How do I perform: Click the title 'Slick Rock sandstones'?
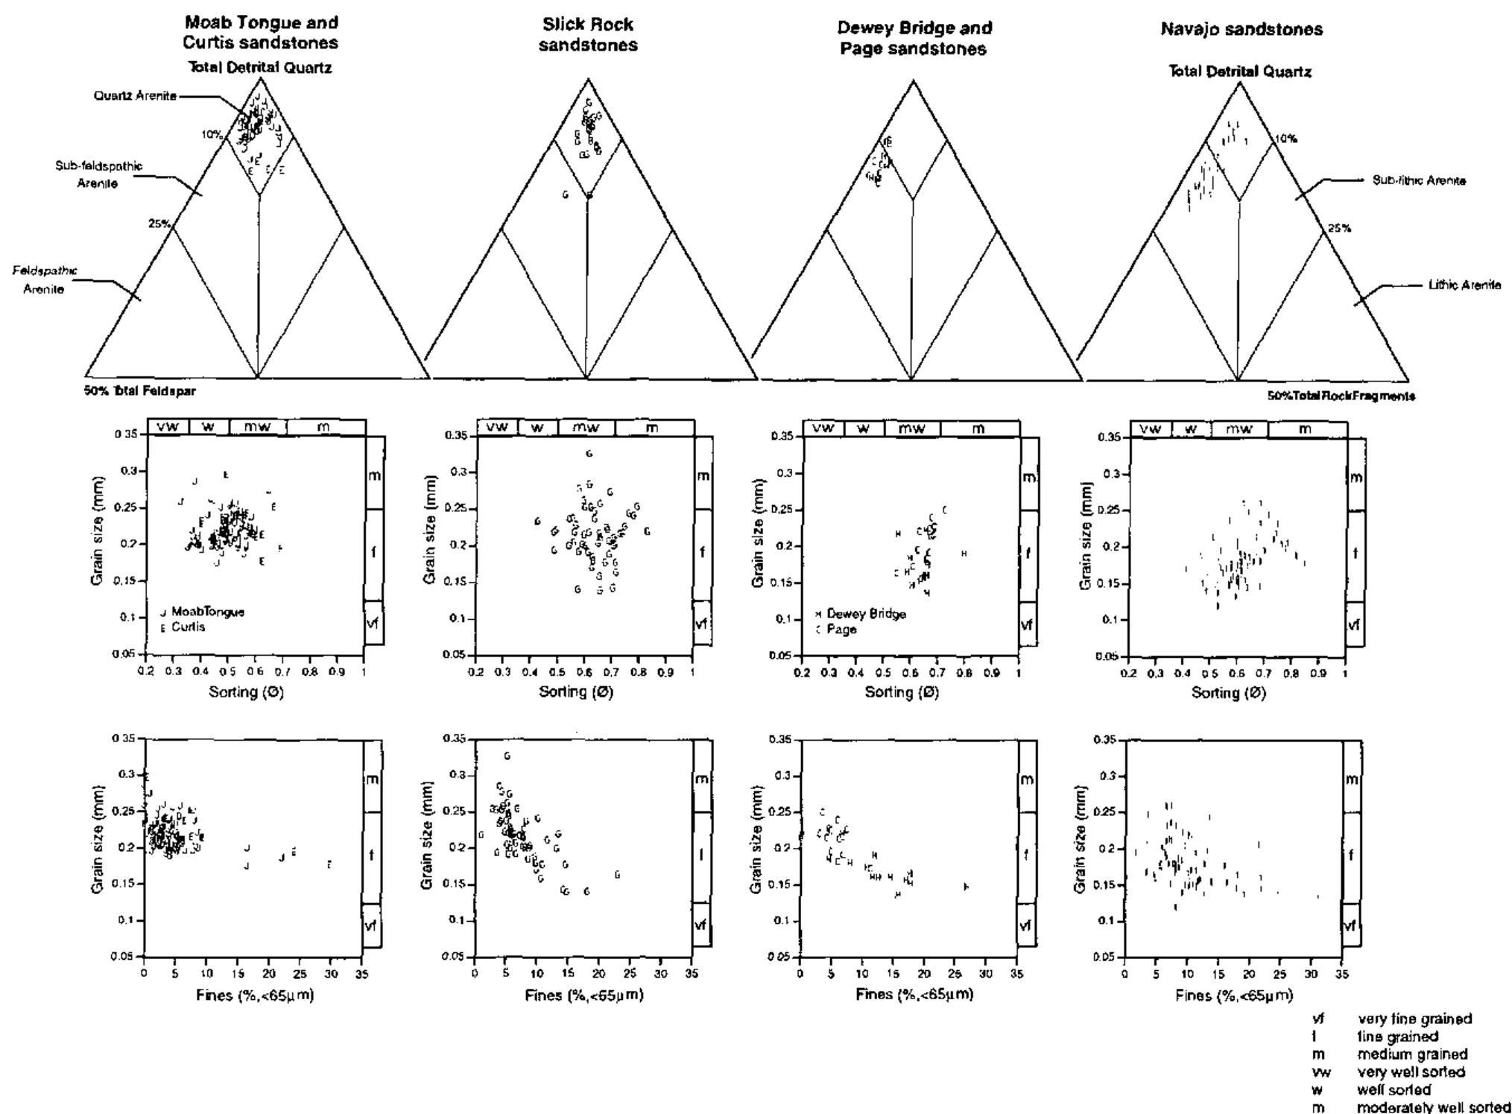point(588,35)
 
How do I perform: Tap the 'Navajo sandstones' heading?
point(1241,30)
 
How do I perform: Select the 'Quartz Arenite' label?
point(135,96)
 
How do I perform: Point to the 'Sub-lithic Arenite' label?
point(1419,181)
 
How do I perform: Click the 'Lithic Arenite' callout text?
point(1464,285)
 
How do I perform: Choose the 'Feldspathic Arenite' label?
point(45,280)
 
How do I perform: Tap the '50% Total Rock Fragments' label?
point(1341,396)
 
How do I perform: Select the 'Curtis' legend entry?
point(188,627)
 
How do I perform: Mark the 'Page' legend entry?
point(841,630)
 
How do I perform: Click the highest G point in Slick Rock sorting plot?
point(589,453)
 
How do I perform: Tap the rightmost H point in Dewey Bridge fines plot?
point(966,887)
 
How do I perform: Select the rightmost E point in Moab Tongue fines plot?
point(329,864)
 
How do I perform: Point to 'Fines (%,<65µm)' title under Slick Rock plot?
point(583,996)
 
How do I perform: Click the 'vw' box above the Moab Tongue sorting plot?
point(168,427)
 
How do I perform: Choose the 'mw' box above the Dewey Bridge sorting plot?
point(911,429)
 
